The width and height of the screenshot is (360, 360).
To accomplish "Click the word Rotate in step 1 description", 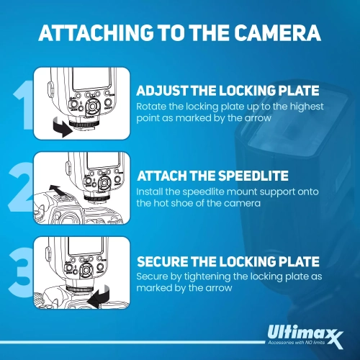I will [x=150, y=107].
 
